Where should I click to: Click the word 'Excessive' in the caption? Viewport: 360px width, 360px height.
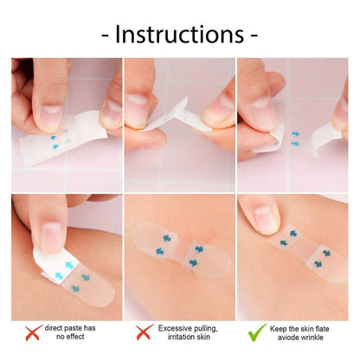[177, 329]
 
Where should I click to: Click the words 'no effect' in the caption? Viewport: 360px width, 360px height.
[67, 339]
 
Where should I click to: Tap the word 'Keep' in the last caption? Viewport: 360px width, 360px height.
[282, 329]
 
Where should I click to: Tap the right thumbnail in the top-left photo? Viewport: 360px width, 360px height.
[110, 117]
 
